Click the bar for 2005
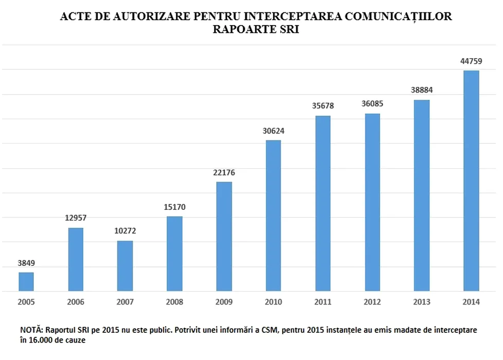point(26,282)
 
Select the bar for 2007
point(125,266)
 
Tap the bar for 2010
point(273,215)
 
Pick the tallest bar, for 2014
point(471,181)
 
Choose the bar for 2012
point(372,202)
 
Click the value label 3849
point(26,263)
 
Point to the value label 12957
point(76,218)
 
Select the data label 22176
point(224,172)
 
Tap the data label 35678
point(323,106)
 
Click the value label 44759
point(471,61)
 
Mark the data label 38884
point(422,91)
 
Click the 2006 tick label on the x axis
point(76,302)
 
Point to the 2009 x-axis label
point(224,302)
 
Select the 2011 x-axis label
point(323,302)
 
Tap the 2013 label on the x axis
point(422,302)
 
